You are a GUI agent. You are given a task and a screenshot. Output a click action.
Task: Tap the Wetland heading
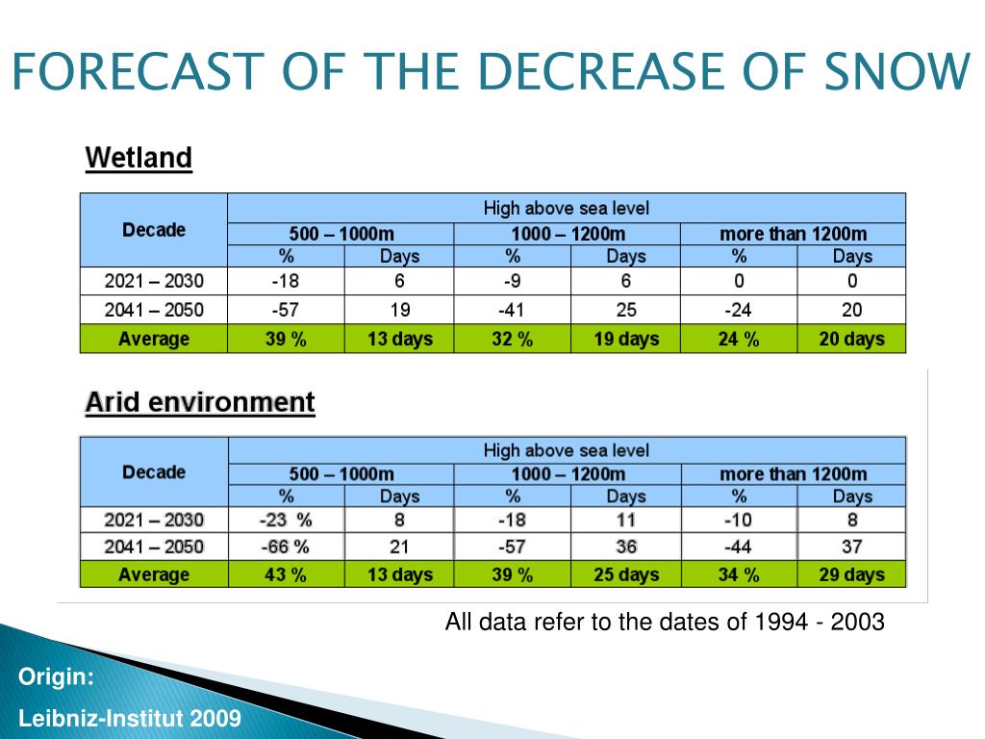pyautogui.click(x=139, y=157)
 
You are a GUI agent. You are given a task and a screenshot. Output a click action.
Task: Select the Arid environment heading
pyautogui.click(x=200, y=401)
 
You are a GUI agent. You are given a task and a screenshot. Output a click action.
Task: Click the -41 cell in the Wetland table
pyautogui.click(x=512, y=310)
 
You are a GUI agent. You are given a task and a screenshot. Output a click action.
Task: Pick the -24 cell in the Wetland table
pyautogui.click(x=739, y=310)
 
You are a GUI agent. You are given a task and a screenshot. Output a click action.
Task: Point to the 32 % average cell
pyautogui.click(x=512, y=339)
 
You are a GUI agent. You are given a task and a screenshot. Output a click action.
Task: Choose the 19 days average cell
pyautogui.click(x=625, y=339)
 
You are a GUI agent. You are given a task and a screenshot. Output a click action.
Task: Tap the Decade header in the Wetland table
pyautogui.click(x=154, y=230)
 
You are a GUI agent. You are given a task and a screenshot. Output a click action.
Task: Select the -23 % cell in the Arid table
pyautogui.click(x=286, y=520)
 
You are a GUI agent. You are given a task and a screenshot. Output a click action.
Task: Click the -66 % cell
pyautogui.click(x=286, y=547)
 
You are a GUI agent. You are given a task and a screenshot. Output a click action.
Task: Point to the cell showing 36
pyautogui.click(x=625, y=547)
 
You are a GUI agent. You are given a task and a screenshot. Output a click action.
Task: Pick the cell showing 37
pyautogui.click(x=851, y=547)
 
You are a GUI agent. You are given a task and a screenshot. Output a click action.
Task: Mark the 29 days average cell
pyautogui.click(x=851, y=574)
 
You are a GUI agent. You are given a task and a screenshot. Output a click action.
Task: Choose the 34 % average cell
pyautogui.click(x=739, y=574)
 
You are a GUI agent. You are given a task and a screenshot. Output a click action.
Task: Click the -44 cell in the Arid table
pyautogui.click(x=739, y=547)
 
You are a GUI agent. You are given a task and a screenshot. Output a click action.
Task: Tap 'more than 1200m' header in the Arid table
pyautogui.click(x=793, y=473)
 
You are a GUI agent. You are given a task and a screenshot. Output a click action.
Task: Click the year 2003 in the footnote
pyautogui.click(x=859, y=622)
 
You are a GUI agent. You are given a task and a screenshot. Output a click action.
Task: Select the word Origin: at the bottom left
pyautogui.click(x=57, y=678)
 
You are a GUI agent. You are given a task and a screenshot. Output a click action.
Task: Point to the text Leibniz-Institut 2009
pyautogui.click(x=130, y=719)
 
